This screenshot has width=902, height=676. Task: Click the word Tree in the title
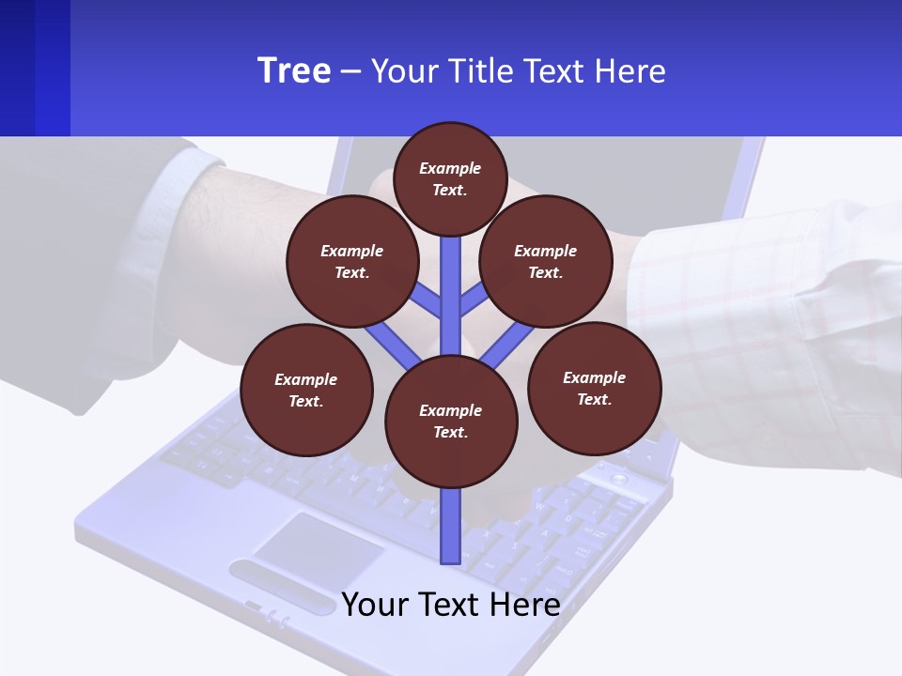(x=294, y=70)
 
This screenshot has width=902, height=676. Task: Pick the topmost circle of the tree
(x=450, y=178)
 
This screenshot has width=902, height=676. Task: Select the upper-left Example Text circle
(x=351, y=261)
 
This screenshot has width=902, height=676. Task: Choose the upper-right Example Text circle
(x=546, y=261)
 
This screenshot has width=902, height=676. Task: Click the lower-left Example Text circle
(x=306, y=390)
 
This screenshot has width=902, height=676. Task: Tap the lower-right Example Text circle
(x=594, y=388)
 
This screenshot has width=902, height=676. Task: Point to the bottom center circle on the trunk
(x=451, y=421)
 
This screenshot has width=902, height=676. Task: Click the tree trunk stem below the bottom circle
(x=451, y=526)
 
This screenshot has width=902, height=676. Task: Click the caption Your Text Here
(x=451, y=604)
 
